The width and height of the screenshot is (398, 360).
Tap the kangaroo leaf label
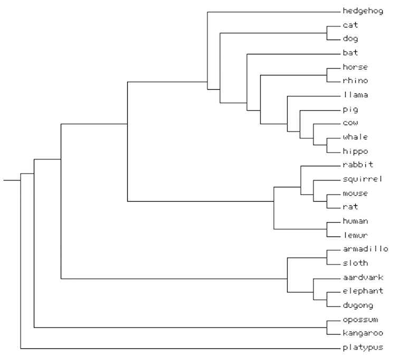coord(362,334)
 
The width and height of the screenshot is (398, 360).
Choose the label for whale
coord(355,137)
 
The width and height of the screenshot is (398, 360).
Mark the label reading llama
coord(355,95)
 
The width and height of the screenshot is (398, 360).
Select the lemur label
coord(355,235)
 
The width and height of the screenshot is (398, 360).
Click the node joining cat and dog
coord(327,32)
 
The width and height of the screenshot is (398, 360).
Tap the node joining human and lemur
coord(327,229)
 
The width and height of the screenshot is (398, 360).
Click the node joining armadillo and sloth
coord(327,257)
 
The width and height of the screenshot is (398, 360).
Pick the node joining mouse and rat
coord(327,201)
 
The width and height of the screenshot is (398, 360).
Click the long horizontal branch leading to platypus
coord(179,348)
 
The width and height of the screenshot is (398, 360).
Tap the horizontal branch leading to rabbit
coord(319,166)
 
